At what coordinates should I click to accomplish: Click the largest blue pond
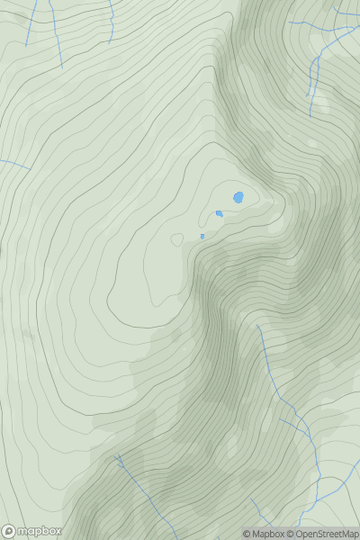click(x=238, y=197)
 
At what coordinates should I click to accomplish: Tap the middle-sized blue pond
click(x=219, y=213)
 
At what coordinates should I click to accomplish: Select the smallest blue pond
click(x=202, y=236)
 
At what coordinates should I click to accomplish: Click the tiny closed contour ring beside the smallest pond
click(x=178, y=238)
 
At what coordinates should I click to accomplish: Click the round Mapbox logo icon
click(x=8, y=531)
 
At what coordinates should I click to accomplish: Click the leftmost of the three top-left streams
click(x=31, y=22)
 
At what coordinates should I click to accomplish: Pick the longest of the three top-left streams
click(x=55, y=31)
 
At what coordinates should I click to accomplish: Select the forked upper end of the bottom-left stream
click(x=120, y=459)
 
